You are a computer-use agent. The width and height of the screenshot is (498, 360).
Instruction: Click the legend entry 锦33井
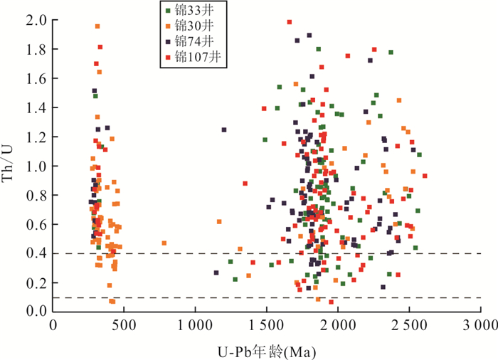pyautogui.click(x=192, y=11)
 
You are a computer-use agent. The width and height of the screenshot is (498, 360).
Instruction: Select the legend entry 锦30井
pyautogui.click(x=192, y=26)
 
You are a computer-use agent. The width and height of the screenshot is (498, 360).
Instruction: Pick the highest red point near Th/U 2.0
pyautogui.click(x=290, y=22)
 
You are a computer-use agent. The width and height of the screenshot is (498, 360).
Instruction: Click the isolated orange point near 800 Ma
pyautogui.click(x=164, y=243)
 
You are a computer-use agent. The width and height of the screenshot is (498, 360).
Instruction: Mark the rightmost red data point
pyautogui.click(x=425, y=175)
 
